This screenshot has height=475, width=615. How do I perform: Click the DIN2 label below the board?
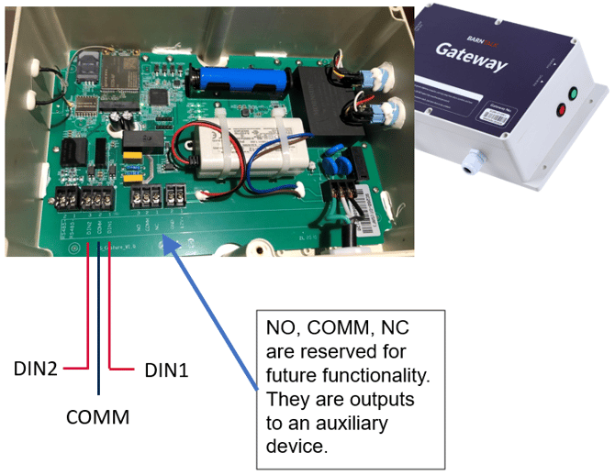click(38, 369)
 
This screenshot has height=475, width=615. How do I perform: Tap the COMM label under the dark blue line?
click(98, 417)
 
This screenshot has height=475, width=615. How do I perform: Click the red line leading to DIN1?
click(109, 312)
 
